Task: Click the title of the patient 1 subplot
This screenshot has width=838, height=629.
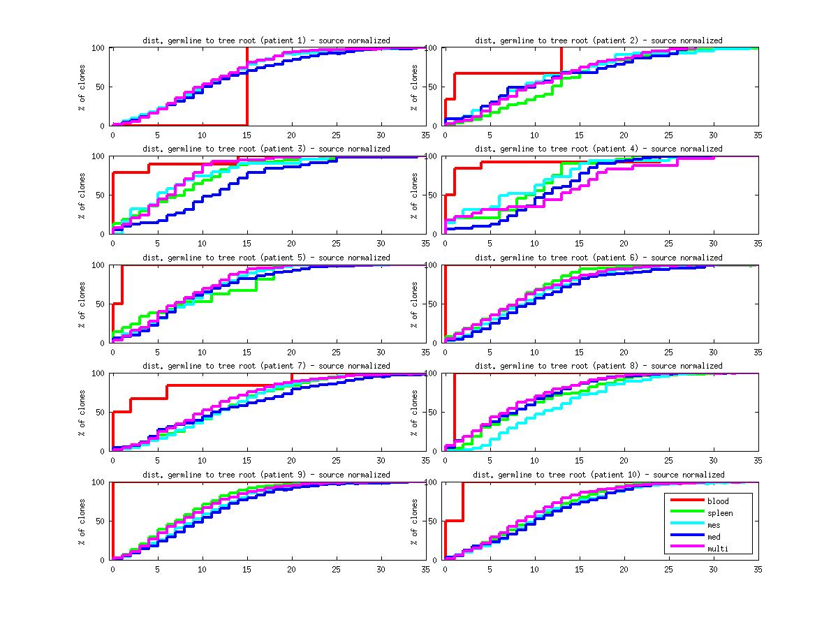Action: pos(266,40)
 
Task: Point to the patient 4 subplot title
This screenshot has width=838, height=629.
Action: pos(598,149)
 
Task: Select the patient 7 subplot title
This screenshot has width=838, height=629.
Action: pos(266,366)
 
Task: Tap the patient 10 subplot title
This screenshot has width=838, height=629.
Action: pos(598,475)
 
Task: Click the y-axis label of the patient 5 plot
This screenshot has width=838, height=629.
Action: pos(82,304)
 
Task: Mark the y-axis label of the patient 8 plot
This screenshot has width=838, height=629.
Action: pos(414,413)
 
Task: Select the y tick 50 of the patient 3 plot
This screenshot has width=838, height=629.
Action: pos(101,195)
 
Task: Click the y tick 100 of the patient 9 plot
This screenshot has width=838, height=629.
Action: pos(98,482)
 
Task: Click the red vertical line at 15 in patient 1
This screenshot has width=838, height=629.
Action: pos(247,87)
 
